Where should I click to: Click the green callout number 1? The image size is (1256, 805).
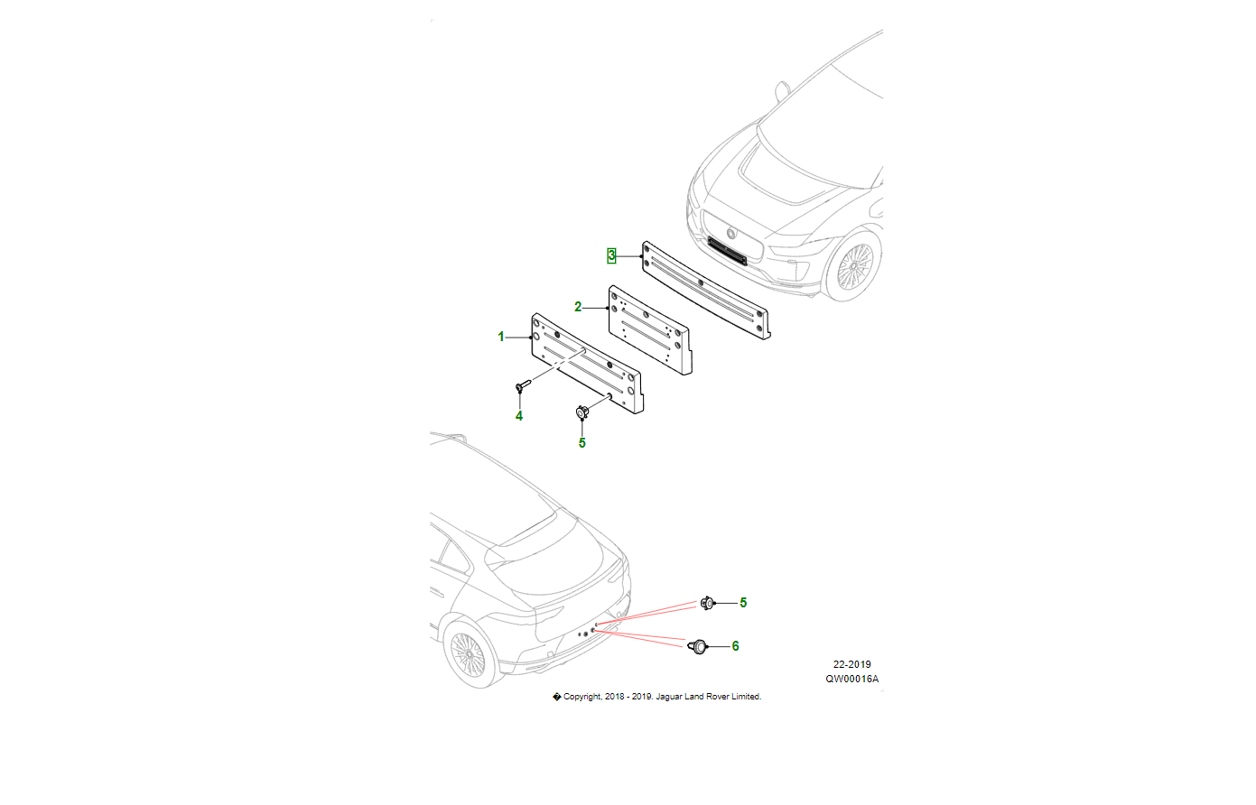pos(501,337)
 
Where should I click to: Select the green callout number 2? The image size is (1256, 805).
pos(578,307)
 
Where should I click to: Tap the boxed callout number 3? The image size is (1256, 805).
pos(611,256)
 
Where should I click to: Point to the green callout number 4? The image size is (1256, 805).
pos(519,416)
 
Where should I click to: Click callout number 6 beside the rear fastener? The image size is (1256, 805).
pos(736,646)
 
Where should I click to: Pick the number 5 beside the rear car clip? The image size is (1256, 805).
pos(743,603)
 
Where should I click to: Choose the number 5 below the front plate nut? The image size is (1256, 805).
pos(582,443)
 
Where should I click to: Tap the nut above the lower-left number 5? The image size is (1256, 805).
pos(582,413)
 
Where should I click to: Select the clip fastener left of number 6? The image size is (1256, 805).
pos(699,646)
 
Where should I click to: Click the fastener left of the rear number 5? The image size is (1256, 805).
pos(708,602)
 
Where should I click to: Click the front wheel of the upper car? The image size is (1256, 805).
pos(853,267)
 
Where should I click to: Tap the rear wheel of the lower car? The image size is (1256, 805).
pos(467,653)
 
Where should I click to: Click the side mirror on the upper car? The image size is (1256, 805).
pos(782,90)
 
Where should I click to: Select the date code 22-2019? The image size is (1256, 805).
pos(851,664)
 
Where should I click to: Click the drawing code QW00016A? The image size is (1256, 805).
pos(851,679)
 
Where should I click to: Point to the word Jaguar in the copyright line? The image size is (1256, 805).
pos(669,697)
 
